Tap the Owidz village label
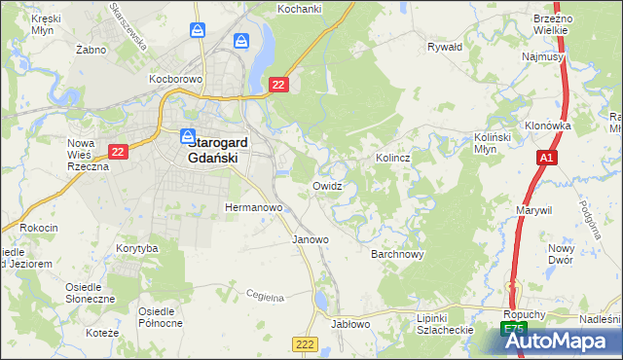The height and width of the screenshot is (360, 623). (327, 186)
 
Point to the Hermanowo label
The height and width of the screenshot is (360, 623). (253, 208)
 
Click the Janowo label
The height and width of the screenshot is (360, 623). (311, 239)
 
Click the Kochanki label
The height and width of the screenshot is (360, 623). (300, 8)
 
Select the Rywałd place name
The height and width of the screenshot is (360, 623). (445, 46)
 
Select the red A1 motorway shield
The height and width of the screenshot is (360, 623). (546, 157)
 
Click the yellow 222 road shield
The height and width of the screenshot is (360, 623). (305, 344)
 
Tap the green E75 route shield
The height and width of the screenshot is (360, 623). (514, 331)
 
